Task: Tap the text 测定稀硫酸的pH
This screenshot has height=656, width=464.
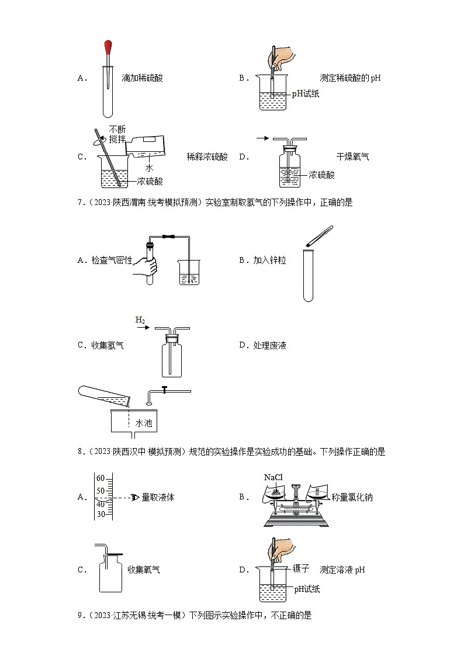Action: click(x=350, y=78)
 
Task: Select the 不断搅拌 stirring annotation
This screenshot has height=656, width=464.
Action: click(x=117, y=134)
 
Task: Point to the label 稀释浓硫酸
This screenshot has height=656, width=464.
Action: click(x=207, y=157)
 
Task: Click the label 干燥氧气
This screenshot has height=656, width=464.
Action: click(x=352, y=157)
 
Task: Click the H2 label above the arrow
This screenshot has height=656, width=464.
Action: click(x=140, y=320)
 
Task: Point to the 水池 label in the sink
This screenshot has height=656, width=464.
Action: click(x=143, y=423)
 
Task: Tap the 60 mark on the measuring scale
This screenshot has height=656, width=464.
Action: click(x=101, y=477)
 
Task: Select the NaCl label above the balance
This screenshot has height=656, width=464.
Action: click(x=273, y=478)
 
